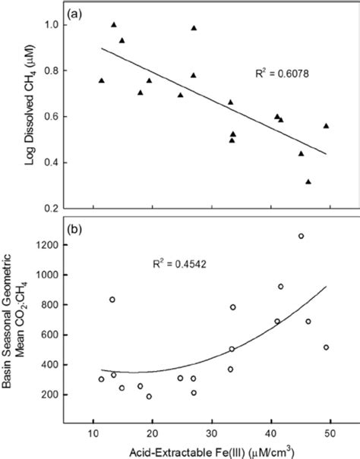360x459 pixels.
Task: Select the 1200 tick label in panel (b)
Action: (x=47, y=245)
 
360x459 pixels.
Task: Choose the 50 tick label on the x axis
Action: (x=330, y=433)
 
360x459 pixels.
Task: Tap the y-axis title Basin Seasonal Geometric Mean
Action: (x=17, y=319)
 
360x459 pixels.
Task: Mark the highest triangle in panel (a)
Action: (x=114, y=24)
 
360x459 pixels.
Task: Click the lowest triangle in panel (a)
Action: (x=308, y=181)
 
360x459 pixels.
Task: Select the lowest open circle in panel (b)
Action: (x=149, y=396)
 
